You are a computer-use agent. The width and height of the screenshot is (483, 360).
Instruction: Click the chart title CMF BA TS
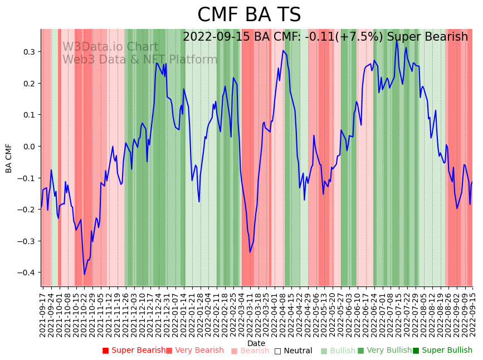[249, 15]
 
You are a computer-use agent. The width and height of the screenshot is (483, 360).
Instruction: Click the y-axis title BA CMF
[9, 158]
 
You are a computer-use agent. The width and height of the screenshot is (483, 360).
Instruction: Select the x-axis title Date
[256, 343]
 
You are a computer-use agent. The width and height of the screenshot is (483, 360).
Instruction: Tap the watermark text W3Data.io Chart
[110, 47]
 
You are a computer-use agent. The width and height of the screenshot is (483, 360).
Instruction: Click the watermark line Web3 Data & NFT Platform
[140, 60]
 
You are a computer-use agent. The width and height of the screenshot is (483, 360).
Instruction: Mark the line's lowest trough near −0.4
[85, 274]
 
